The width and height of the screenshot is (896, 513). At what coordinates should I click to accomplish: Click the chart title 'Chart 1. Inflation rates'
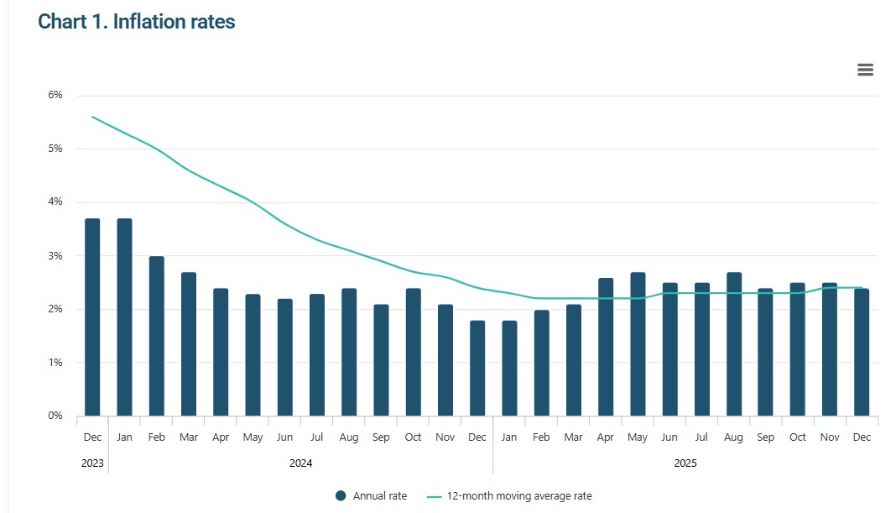click(x=137, y=22)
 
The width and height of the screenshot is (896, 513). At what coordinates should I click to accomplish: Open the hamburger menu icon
click(x=865, y=70)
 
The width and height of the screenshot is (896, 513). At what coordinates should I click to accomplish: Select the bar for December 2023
click(x=92, y=317)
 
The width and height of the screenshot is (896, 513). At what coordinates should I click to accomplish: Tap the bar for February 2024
click(x=157, y=336)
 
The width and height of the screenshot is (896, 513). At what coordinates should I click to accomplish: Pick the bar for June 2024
click(x=284, y=357)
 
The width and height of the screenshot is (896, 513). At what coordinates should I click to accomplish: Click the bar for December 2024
click(x=477, y=368)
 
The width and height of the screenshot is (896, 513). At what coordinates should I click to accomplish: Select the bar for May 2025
click(x=638, y=343)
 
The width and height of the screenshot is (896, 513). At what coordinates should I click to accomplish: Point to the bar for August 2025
click(x=734, y=343)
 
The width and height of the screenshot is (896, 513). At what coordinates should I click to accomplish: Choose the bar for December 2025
click(x=862, y=352)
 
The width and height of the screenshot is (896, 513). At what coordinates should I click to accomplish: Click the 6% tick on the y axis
click(x=55, y=95)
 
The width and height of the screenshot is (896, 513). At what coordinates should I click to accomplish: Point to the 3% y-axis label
click(x=55, y=255)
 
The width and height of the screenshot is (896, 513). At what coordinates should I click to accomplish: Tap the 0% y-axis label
click(x=55, y=416)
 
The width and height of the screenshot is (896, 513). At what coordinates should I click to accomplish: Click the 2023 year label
click(x=92, y=463)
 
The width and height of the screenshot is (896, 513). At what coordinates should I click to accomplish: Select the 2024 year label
click(x=300, y=463)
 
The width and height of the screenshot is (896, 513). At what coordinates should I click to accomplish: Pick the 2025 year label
click(x=685, y=463)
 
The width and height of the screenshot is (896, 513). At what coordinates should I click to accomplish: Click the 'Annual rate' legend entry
click(x=372, y=496)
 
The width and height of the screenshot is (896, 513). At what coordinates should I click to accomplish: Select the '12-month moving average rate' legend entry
click(x=510, y=496)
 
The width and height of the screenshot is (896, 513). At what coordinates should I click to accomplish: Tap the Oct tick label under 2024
click(x=413, y=437)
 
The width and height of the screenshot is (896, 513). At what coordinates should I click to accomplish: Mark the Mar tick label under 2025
click(x=573, y=437)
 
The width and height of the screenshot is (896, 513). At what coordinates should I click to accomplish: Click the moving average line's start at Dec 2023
click(x=92, y=117)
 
